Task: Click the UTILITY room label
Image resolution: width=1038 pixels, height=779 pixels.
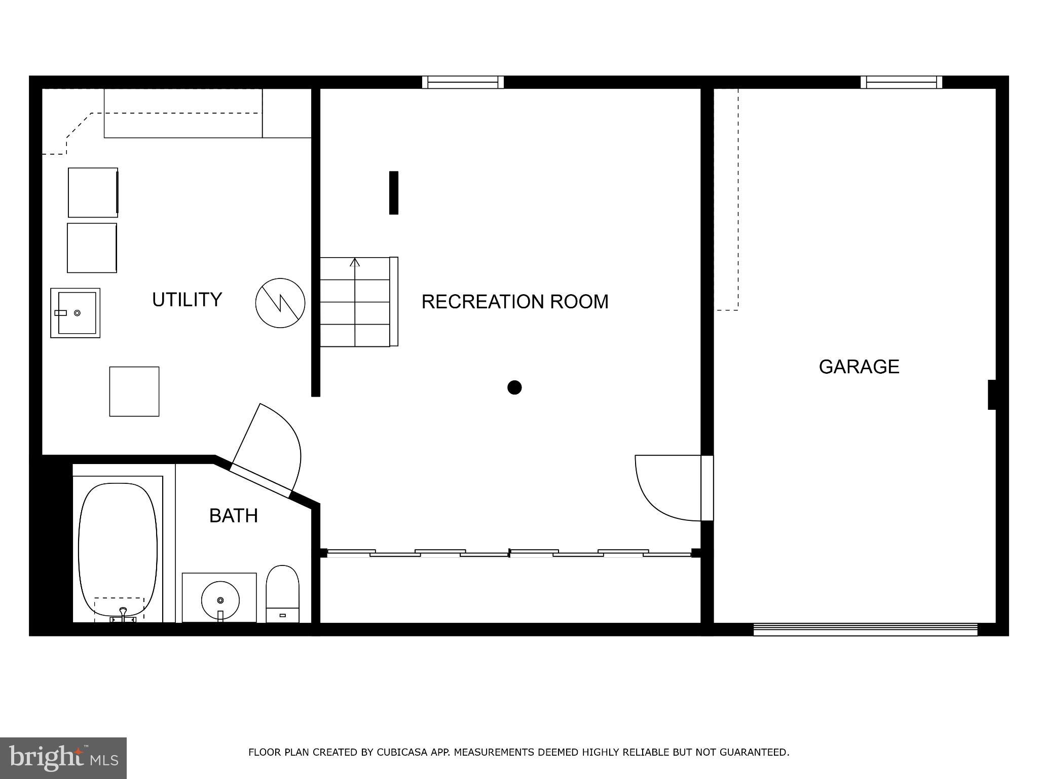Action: point(187,300)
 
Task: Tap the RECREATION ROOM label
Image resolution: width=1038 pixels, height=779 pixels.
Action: point(514,302)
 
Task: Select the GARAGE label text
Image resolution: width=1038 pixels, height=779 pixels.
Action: point(859,367)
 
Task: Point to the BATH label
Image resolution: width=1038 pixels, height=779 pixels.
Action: point(234,516)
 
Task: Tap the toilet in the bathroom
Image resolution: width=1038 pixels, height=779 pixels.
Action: point(282,593)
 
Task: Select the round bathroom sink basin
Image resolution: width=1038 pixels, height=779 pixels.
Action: point(220,600)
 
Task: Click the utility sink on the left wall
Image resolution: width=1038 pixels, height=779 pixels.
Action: point(76,313)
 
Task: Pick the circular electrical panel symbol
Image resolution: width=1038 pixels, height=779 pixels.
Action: point(280,303)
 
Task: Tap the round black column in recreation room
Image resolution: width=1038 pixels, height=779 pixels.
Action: point(514,387)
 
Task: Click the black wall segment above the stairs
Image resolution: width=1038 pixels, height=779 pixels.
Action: point(393,193)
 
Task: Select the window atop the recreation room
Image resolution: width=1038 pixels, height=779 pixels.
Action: point(463,82)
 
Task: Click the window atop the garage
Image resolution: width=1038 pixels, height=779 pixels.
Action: point(901,82)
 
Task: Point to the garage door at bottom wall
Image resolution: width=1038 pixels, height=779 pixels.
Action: point(865,629)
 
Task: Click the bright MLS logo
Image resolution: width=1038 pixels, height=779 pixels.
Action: point(63,758)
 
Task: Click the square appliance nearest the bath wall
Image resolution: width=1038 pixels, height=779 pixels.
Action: point(134,392)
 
